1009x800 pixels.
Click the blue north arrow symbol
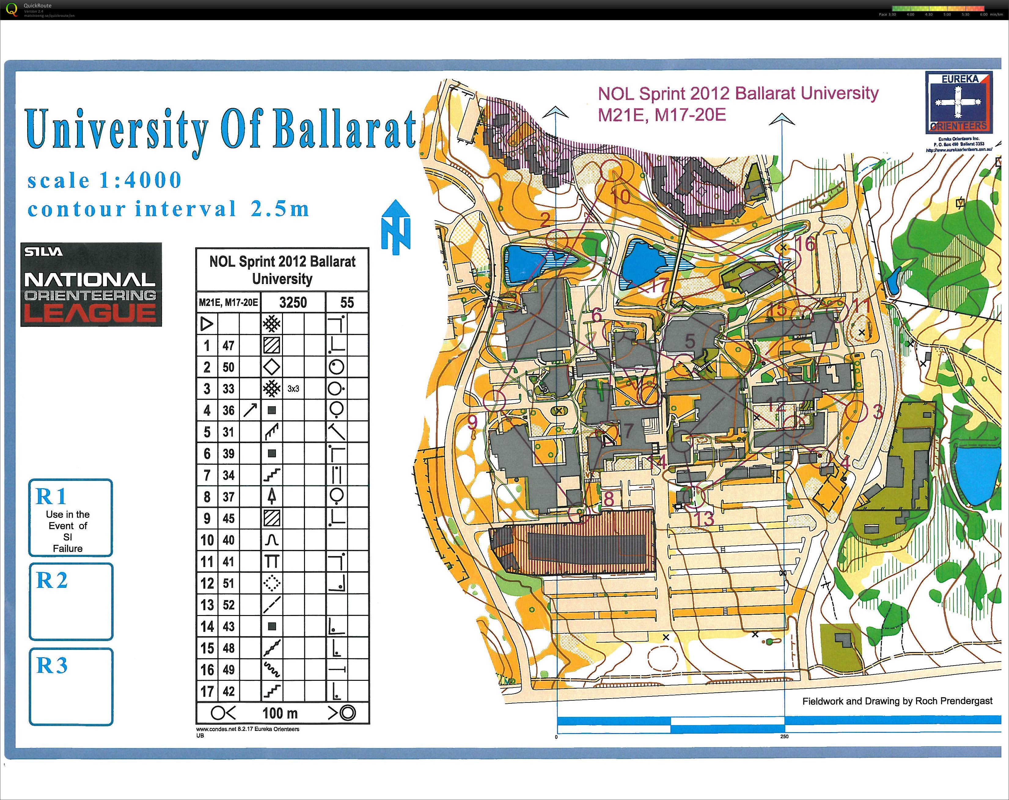396,227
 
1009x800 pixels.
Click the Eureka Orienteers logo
959,102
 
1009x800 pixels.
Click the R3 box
71,686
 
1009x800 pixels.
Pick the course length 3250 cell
293,302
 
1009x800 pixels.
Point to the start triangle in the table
207,324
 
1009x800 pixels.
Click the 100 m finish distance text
280,713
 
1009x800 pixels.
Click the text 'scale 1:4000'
105,181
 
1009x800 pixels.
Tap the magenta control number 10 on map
621,197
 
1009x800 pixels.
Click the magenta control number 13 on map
705,519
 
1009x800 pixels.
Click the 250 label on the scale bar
784,736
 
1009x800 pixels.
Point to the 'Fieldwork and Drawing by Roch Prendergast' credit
897,701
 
